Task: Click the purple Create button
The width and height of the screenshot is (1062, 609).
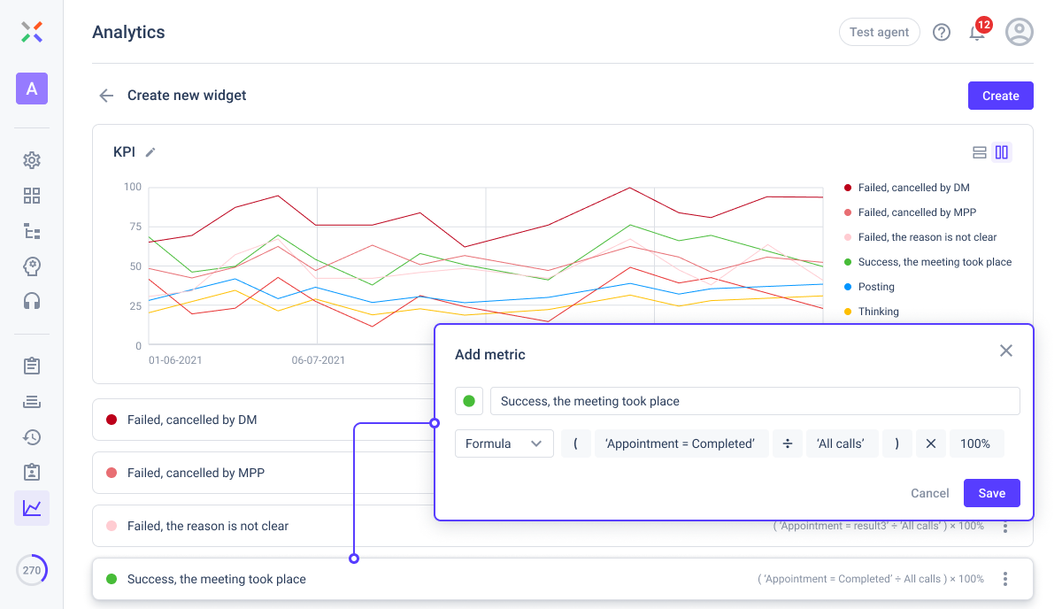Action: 1000,96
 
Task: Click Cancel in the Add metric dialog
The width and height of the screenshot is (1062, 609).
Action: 929,493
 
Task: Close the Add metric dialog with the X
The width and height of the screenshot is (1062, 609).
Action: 1005,351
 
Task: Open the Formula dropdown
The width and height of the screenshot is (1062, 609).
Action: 504,443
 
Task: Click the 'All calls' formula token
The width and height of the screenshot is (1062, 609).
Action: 840,443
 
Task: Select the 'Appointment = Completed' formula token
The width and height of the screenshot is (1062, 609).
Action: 680,443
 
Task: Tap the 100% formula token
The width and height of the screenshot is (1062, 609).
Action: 975,443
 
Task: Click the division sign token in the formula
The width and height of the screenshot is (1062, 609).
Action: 787,443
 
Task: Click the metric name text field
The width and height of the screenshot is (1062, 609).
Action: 754,401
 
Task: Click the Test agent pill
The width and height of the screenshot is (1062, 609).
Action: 879,32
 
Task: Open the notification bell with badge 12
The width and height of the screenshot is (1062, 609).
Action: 977,33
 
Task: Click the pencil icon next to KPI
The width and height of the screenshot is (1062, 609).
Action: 150,152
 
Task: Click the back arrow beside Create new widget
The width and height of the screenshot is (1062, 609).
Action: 106,96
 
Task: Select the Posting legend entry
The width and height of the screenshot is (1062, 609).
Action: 875,287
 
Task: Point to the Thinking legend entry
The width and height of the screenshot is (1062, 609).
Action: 878,312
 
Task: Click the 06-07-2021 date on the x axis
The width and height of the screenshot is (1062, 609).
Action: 319,360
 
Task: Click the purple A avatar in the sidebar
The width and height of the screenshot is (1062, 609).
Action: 32,89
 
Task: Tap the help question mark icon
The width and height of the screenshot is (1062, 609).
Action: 942,33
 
